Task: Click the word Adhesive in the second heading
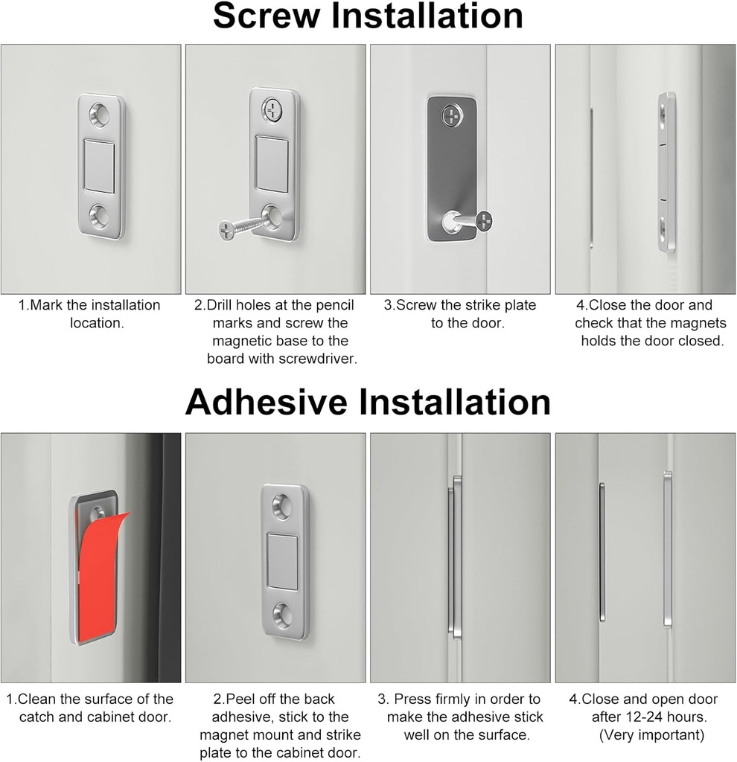[x=267, y=402]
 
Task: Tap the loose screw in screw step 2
[x=242, y=226]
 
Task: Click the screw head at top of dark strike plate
[x=451, y=115]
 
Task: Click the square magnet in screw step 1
[x=100, y=165]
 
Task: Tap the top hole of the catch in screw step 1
[x=99, y=114]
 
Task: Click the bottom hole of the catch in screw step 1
[x=99, y=217]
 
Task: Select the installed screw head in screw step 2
[x=273, y=110]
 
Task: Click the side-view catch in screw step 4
[x=666, y=171]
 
